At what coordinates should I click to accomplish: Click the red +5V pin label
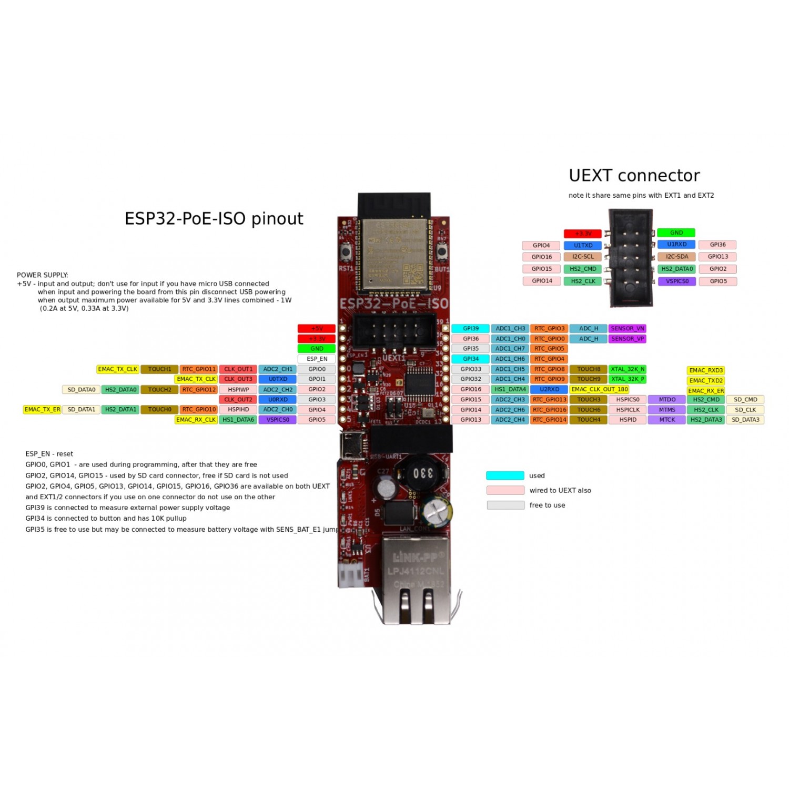coord(317,329)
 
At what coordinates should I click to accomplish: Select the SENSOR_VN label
coord(627,329)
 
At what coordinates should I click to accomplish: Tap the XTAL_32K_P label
coord(627,379)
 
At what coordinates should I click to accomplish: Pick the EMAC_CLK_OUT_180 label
coord(600,390)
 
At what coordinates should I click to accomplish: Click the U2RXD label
coord(549,390)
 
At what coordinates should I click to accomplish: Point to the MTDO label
coord(667,400)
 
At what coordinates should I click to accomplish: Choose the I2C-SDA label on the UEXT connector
coord(676,257)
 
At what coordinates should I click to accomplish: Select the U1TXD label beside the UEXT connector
coord(583,246)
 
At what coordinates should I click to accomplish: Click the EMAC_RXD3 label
coord(706,371)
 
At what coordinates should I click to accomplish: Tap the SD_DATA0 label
coord(82,390)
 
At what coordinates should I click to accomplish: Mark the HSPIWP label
coord(238,390)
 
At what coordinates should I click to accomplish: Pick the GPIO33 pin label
coord(471,369)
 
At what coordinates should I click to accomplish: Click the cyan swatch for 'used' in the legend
coord(505,476)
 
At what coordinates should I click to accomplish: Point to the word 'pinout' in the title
coord(277,219)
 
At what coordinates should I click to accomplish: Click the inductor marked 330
coord(422,473)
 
